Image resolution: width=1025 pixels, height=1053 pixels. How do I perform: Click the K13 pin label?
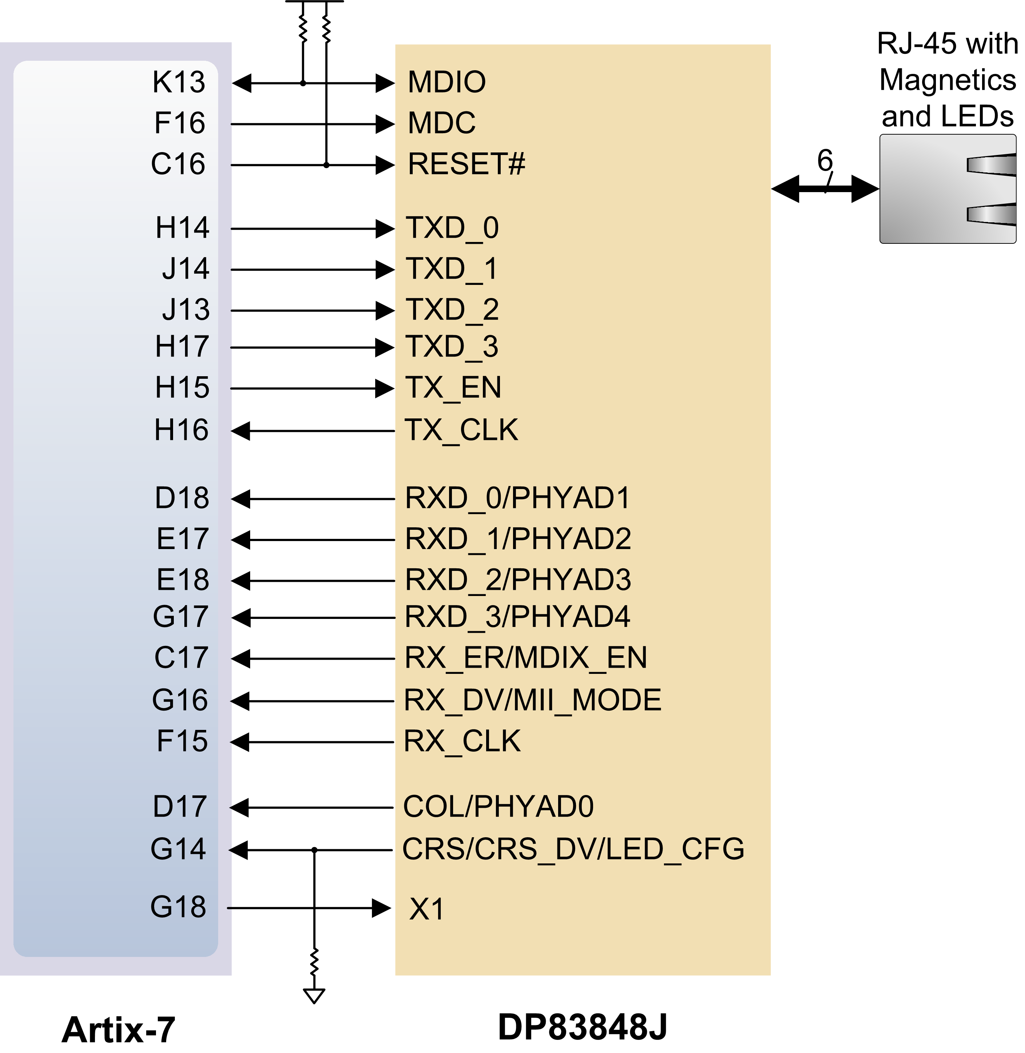point(179,82)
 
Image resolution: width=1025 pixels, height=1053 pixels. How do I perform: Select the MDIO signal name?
point(447,82)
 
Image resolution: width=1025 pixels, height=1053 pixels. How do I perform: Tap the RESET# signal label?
point(466,164)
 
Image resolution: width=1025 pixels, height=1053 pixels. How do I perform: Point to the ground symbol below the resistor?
point(314,996)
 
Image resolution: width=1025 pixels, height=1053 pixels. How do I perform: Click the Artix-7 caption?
point(119,1029)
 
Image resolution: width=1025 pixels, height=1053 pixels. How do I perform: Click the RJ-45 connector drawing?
point(948,189)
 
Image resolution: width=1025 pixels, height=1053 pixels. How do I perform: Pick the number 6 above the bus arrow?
point(825,160)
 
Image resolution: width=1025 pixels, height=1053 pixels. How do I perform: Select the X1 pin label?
point(427,909)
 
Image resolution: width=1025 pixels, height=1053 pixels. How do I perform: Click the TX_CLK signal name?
point(461,430)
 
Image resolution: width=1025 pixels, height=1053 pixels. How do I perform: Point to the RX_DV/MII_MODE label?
point(532,700)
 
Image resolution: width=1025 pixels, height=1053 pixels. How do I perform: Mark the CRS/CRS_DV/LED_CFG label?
point(573,849)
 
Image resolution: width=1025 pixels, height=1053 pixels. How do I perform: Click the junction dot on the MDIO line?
point(303,83)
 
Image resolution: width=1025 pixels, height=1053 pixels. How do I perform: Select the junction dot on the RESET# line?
point(326,165)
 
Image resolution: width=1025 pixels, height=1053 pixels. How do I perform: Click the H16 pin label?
point(181,430)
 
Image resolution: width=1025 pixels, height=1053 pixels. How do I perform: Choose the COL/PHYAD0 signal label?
point(498,806)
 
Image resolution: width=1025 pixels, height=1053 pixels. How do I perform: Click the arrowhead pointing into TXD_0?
point(385,229)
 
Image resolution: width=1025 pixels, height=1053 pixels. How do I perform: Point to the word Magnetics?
point(948,81)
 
